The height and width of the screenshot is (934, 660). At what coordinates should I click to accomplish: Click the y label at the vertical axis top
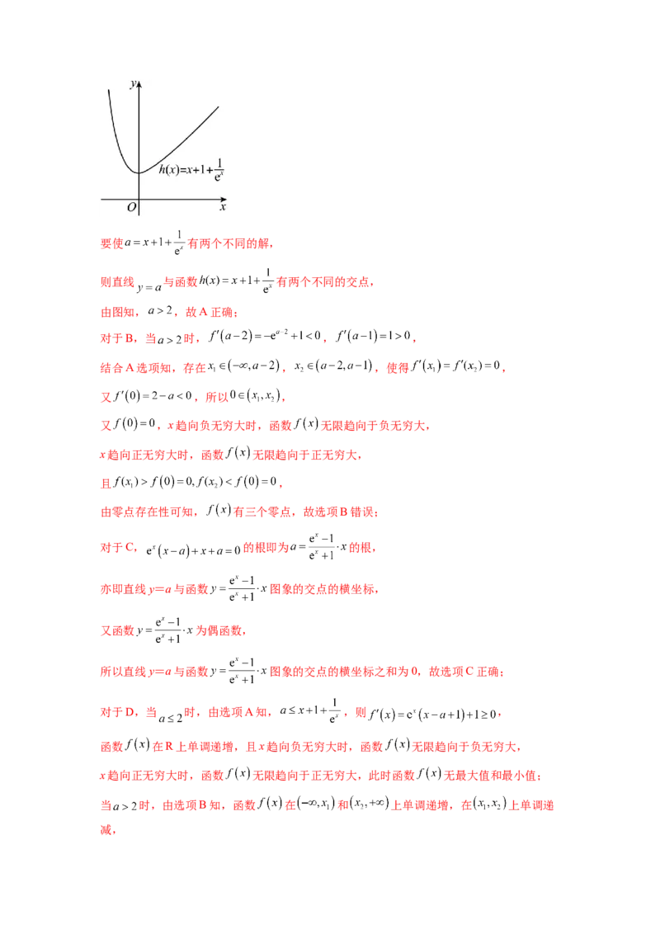tap(133, 84)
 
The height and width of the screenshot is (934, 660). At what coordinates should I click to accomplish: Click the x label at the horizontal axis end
tap(223, 208)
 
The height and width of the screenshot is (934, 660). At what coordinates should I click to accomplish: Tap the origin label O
tap(131, 208)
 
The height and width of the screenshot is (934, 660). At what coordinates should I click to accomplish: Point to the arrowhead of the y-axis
tap(139, 84)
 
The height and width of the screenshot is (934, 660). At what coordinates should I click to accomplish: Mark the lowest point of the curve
tap(139, 172)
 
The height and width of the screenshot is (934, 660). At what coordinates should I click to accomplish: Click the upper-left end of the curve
tap(108, 89)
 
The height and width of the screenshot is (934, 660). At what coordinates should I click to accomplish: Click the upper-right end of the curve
tap(219, 106)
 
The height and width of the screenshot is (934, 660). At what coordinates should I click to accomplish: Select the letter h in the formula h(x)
tap(162, 169)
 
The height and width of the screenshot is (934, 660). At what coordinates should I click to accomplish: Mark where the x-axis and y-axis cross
tap(139, 200)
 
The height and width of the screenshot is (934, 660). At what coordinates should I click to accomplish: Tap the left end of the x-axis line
tap(101, 200)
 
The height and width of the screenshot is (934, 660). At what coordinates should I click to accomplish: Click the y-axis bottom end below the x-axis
tap(139, 215)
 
